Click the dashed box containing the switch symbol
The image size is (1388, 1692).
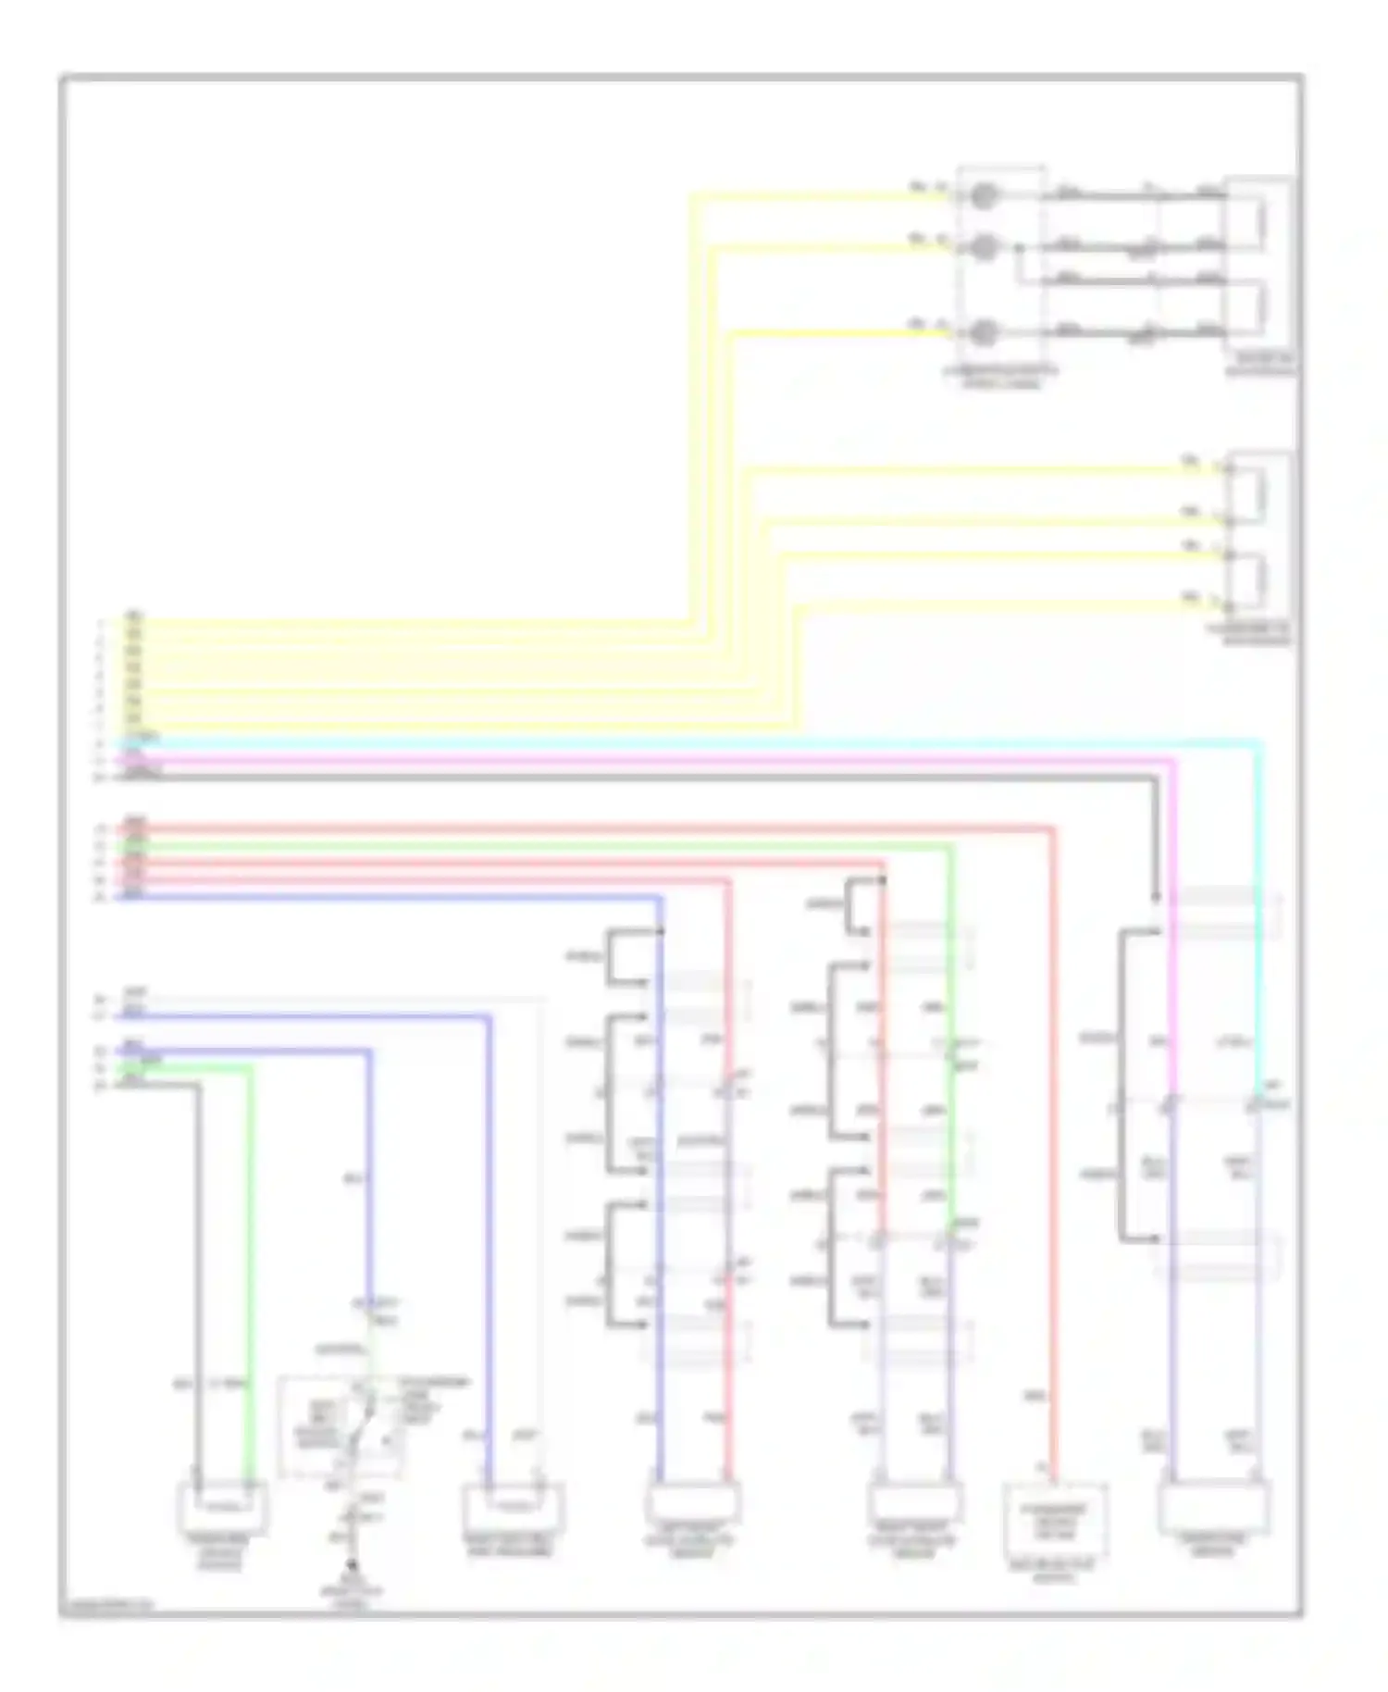(x=341, y=1426)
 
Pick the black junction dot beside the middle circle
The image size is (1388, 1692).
(x=1019, y=248)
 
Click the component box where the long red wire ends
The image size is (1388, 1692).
(x=1056, y=1520)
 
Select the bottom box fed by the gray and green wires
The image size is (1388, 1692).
(x=222, y=1506)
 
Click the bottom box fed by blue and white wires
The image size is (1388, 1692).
(x=514, y=1507)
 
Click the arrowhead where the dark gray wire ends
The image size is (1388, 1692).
(x=1156, y=896)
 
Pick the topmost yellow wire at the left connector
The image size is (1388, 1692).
(x=416, y=622)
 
